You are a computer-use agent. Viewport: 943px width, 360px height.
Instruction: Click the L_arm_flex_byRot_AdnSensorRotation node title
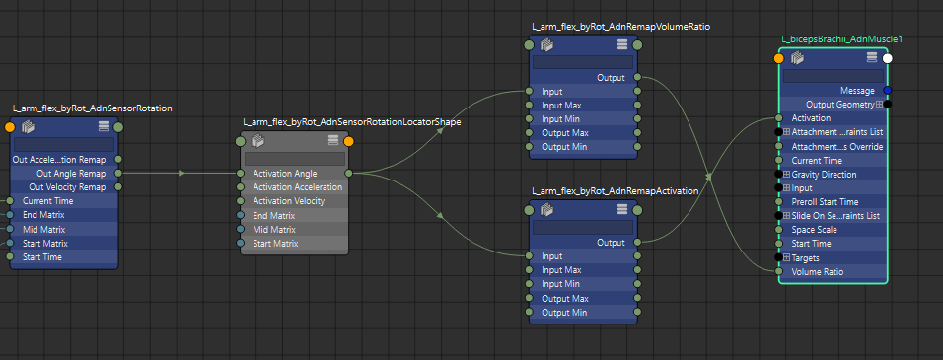92,108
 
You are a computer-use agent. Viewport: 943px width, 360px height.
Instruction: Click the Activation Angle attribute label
285,174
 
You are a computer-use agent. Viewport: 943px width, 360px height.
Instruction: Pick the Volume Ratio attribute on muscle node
818,271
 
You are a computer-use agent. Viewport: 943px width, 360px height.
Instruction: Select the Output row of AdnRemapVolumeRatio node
611,77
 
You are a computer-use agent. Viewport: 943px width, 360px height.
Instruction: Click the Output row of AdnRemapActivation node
611,243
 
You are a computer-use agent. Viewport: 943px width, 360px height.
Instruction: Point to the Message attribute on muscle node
857,91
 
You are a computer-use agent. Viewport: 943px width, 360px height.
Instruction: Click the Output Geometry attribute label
839,105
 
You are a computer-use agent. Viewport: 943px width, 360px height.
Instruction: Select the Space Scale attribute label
815,230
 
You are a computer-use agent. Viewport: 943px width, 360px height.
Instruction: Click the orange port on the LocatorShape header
349,140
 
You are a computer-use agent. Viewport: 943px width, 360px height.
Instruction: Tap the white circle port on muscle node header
887,58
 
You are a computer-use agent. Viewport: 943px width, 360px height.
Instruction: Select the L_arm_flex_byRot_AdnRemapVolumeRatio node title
620,26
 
